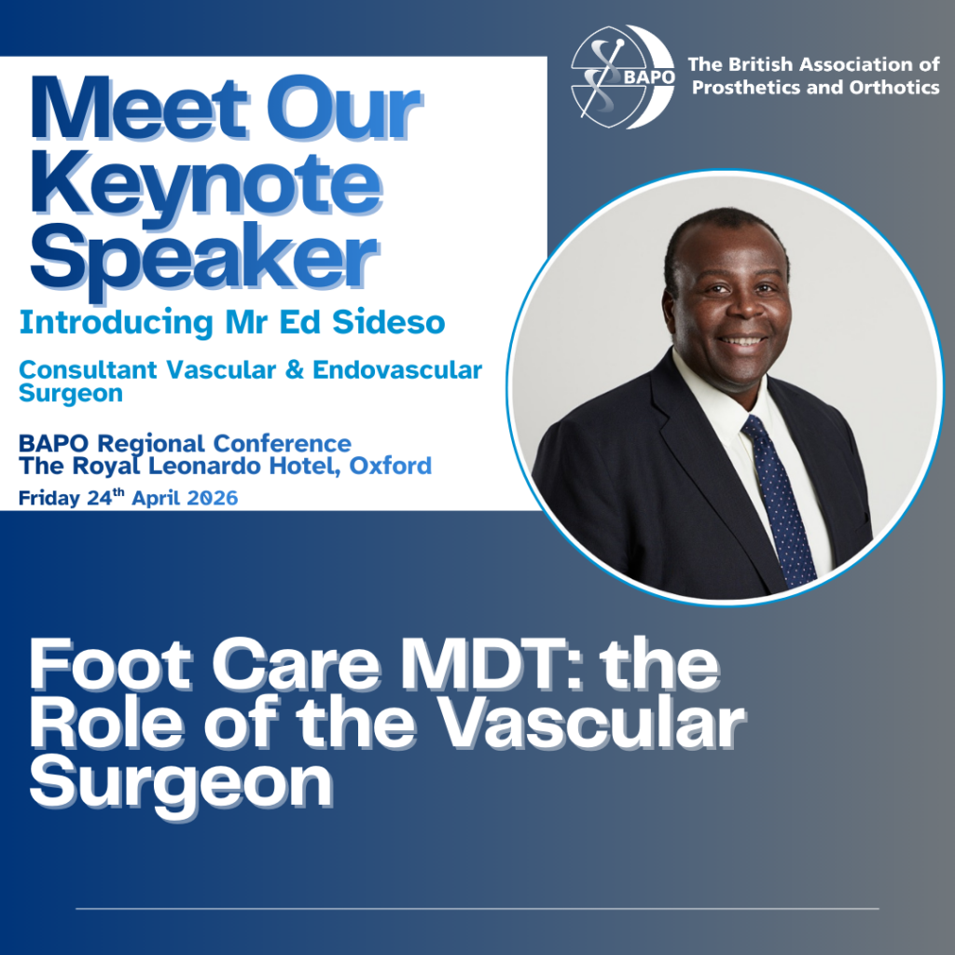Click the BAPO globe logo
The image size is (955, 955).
point(622,76)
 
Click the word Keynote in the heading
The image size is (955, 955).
point(207,186)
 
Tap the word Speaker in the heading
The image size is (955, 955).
point(204,262)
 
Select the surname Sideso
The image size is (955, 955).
point(389,323)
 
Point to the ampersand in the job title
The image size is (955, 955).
point(294,369)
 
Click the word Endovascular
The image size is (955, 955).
point(397,369)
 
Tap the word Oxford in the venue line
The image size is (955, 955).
point(391,466)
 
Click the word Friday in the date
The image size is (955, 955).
point(49,499)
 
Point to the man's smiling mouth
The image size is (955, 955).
point(742,340)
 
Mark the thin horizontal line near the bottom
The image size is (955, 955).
point(477,908)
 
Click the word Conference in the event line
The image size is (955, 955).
point(282,443)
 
